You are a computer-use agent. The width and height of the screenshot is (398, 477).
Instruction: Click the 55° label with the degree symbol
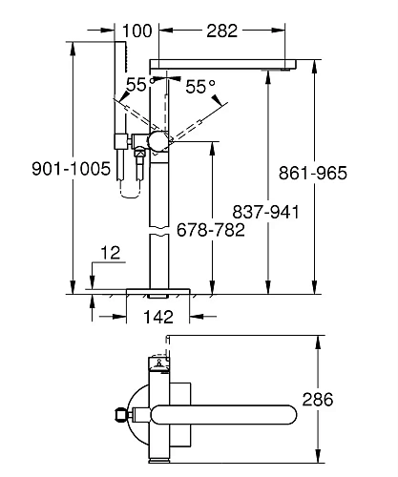click(x=200, y=87)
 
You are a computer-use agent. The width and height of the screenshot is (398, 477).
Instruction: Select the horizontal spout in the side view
click(x=229, y=62)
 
